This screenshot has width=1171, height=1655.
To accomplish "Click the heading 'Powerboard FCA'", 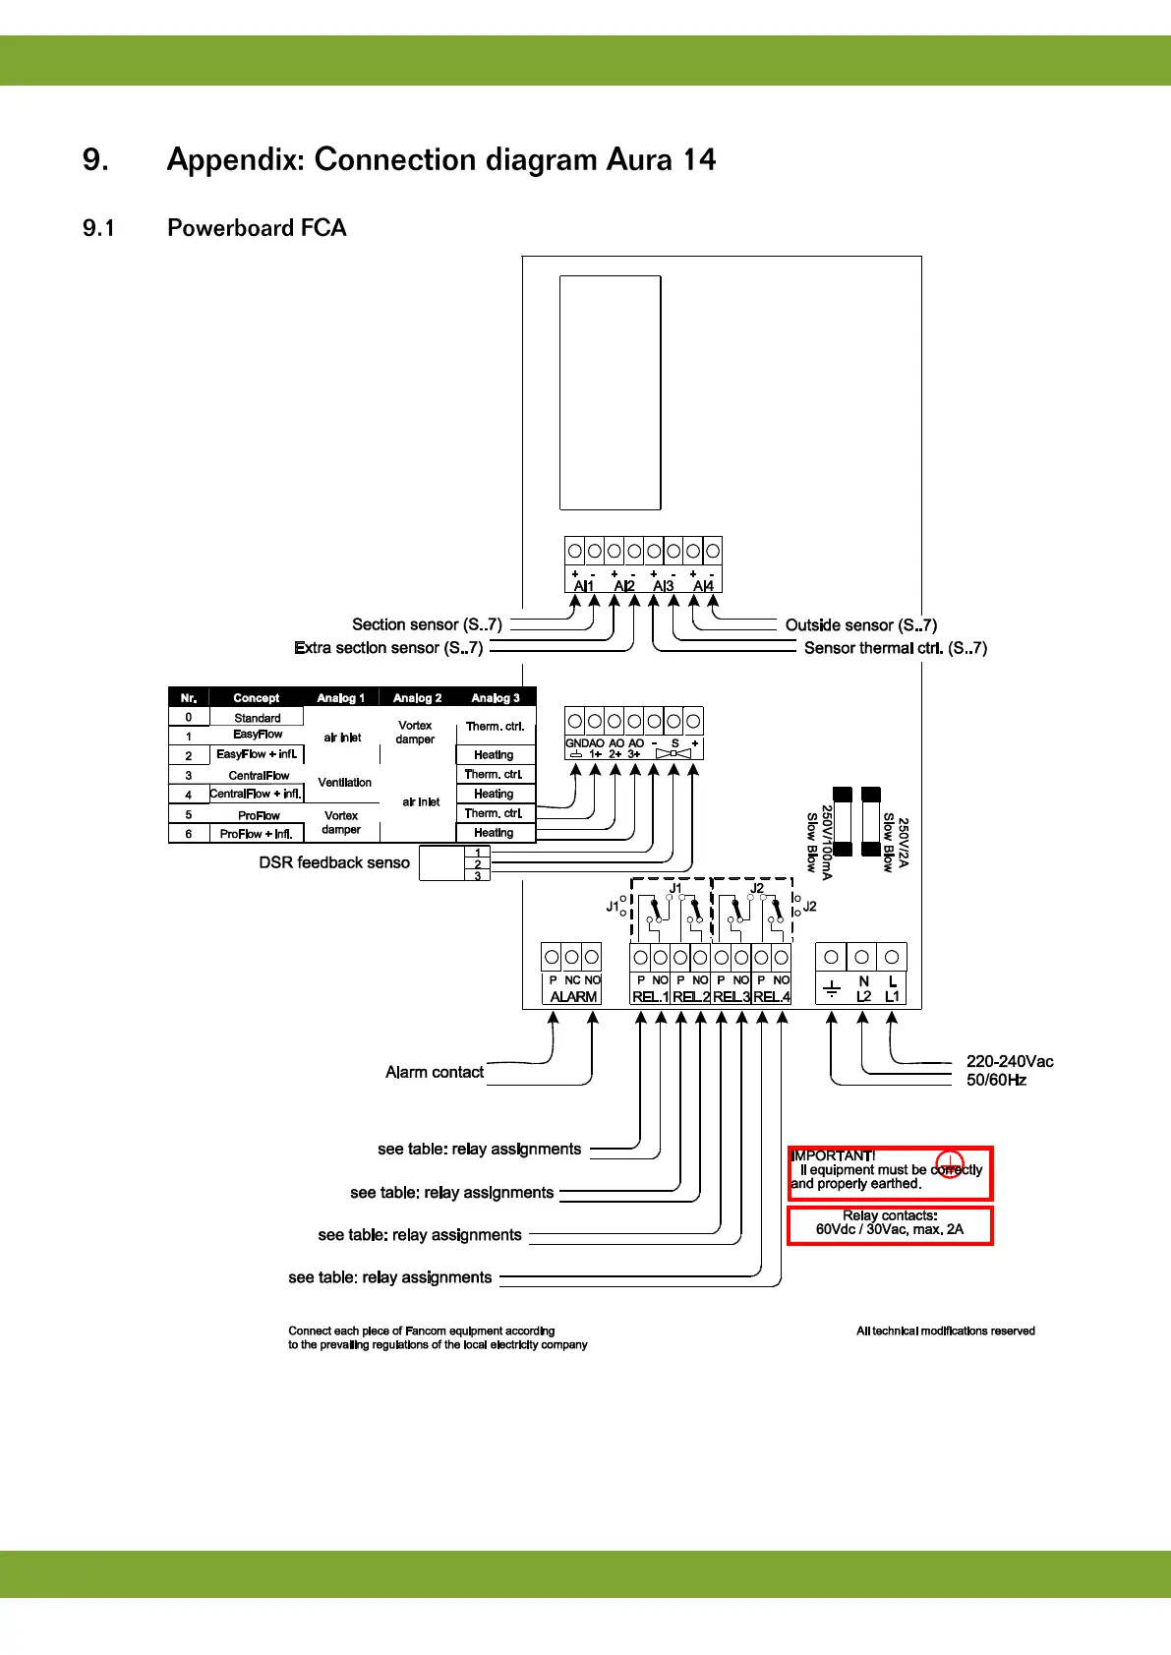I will click(257, 228).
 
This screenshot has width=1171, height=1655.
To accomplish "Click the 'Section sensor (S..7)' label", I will click(427, 624).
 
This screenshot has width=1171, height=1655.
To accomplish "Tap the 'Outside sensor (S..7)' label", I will click(860, 624).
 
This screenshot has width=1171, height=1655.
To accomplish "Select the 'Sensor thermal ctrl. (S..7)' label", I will click(895, 648).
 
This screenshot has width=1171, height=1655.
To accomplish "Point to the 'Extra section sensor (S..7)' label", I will click(388, 648).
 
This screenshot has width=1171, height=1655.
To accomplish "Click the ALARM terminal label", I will click(573, 996).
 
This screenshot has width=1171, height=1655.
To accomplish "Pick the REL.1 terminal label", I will click(650, 996).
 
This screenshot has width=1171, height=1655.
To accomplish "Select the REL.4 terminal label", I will click(772, 996).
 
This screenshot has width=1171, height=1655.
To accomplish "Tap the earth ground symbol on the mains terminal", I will click(832, 989).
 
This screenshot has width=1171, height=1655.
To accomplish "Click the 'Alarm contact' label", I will click(434, 1072).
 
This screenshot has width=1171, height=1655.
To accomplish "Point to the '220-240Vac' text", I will click(1010, 1061).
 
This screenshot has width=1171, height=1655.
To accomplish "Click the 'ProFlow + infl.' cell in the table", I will click(256, 834).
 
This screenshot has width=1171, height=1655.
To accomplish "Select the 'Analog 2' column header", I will click(417, 698).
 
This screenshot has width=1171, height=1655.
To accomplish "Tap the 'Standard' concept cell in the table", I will click(257, 718).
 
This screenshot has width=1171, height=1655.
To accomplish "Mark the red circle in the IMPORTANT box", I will click(949, 1163).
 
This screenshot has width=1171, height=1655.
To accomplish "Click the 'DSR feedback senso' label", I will click(334, 862).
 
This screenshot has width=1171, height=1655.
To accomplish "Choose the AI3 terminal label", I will click(664, 586).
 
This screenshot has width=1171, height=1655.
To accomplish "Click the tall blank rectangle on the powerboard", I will click(610, 392).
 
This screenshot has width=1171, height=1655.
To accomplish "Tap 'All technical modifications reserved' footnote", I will click(945, 1330).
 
